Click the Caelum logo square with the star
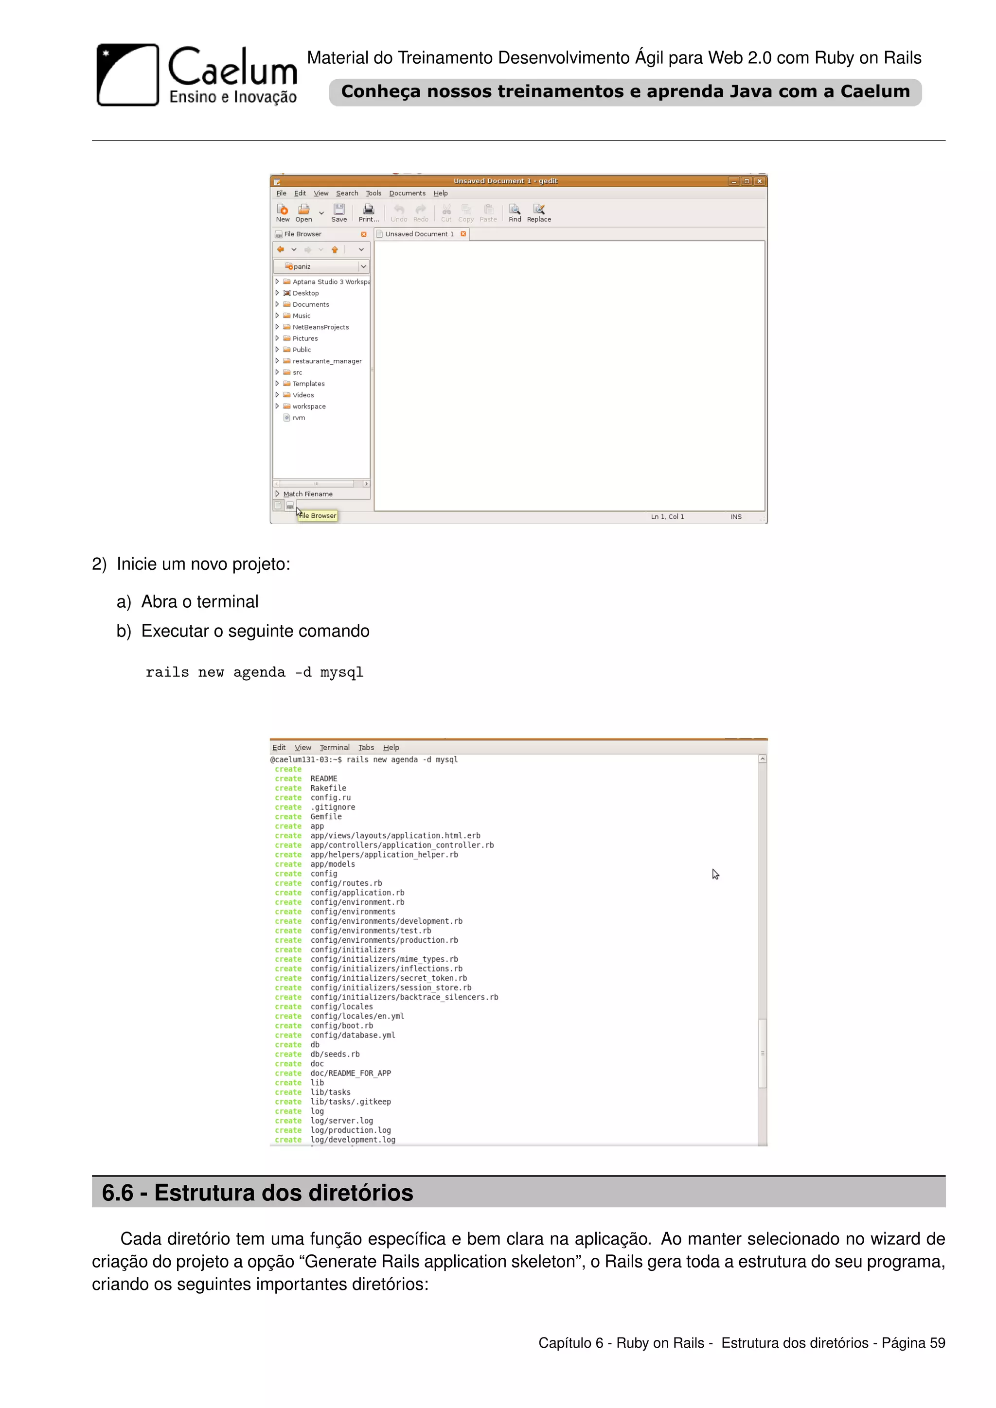(x=127, y=75)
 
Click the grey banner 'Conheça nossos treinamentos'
(x=625, y=92)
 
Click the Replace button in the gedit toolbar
(x=538, y=213)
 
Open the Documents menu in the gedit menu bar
(x=407, y=193)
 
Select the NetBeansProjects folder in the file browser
(x=320, y=327)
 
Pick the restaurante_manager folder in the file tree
(x=326, y=361)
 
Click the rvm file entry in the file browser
(x=299, y=418)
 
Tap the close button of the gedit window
(x=759, y=181)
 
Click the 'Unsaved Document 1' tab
(x=420, y=234)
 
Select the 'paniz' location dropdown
(x=321, y=266)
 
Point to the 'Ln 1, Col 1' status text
(x=667, y=516)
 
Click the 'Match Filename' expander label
(x=307, y=493)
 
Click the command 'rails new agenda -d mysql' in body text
(x=254, y=672)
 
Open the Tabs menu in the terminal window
(x=366, y=748)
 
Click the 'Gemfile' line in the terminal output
(x=326, y=816)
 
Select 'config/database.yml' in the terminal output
(x=353, y=1035)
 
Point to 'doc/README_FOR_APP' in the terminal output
(x=350, y=1073)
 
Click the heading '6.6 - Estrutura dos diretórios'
(x=258, y=1193)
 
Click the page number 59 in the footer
(x=937, y=1343)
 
